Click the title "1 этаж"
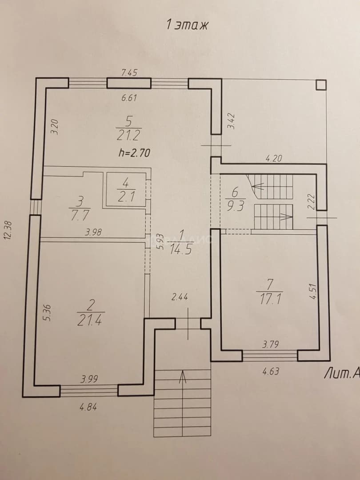(187, 24)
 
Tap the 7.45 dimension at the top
(129, 72)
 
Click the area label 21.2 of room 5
(128, 135)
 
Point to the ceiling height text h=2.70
(134, 153)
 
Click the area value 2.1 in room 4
(126, 197)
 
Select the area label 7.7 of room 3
(79, 215)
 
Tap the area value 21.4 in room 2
(89, 320)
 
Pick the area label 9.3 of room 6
(236, 207)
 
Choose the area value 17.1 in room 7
(269, 299)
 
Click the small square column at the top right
(321, 85)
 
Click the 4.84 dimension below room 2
(88, 408)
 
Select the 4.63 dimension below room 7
(271, 372)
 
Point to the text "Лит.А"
(342, 374)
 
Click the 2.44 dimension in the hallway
(180, 296)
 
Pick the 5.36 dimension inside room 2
(48, 312)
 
